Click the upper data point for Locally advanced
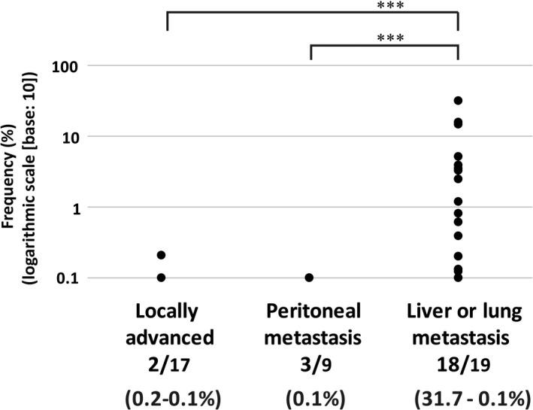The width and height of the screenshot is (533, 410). coord(161,255)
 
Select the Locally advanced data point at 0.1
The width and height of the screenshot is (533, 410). coord(161,278)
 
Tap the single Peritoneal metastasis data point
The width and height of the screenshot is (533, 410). coord(309,278)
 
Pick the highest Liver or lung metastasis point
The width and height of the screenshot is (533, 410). coord(458,100)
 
